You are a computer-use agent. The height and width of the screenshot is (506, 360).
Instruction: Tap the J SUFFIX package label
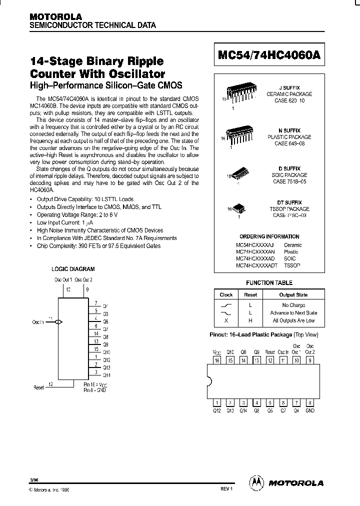point(289,87)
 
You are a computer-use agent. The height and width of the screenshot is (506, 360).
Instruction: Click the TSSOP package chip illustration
point(239,207)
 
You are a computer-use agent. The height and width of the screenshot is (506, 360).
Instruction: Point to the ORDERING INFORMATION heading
point(269,236)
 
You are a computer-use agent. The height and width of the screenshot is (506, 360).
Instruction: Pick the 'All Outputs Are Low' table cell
point(293,320)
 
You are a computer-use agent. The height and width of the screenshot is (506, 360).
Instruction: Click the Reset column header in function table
point(250,295)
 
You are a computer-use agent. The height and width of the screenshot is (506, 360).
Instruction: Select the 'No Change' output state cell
point(293,305)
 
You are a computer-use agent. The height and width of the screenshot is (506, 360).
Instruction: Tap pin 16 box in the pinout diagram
point(217,360)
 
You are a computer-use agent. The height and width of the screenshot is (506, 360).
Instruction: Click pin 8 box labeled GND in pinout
point(310,402)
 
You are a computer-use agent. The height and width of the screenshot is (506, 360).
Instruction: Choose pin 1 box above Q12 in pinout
point(217,402)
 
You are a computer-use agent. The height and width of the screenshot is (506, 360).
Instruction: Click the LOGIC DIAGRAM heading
point(73,269)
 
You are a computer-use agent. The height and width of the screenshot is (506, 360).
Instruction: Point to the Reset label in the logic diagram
point(38,387)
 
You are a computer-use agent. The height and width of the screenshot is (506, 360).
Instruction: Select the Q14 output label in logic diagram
point(106,374)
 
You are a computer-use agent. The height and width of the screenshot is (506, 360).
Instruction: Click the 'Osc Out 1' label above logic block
point(63,279)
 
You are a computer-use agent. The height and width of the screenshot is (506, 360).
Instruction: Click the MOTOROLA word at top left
point(55,16)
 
